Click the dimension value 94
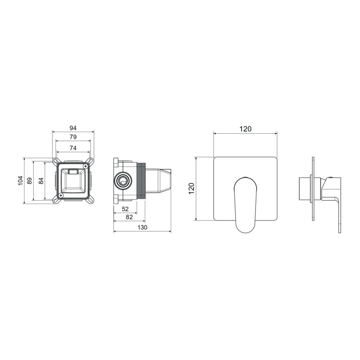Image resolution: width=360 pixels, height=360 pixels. click(x=73, y=128)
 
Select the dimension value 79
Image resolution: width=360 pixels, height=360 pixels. click(x=73, y=137)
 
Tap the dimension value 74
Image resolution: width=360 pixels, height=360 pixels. click(x=73, y=148)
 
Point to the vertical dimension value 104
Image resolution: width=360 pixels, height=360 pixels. click(x=20, y=180)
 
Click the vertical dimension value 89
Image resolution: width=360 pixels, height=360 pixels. click(x=29, y=180)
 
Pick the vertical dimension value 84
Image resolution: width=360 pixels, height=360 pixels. click(x=41, y=180)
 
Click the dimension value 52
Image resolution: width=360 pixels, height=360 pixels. click(x=125, y=209)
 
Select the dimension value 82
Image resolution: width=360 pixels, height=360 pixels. click(x=129, y=217)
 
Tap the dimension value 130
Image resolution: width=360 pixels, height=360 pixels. click(x=142, y=227)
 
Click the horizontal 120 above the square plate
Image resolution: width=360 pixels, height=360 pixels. click(x=246, y=129)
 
